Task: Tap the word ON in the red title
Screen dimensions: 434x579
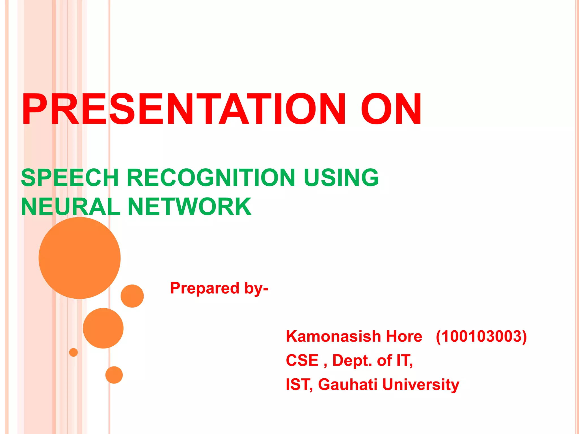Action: coord(391,109)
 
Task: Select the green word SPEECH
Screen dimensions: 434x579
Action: coord(70,178)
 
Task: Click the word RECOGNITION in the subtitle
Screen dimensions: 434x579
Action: coord(211,178)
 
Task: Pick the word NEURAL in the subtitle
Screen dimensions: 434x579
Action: coord(71,207)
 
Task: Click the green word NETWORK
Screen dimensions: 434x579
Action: coord(189,207)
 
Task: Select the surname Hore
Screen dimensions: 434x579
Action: coord(404,336)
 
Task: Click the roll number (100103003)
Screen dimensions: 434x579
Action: coord(481,336)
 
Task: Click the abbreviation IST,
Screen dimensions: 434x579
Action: coord(299,385)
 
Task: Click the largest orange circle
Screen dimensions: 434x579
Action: coord(79,258)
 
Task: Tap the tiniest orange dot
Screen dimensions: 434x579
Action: coord(73,352)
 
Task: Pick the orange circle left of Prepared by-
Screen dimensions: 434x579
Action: coord(132,296)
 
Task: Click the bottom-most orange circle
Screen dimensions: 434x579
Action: coord(114,375)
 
